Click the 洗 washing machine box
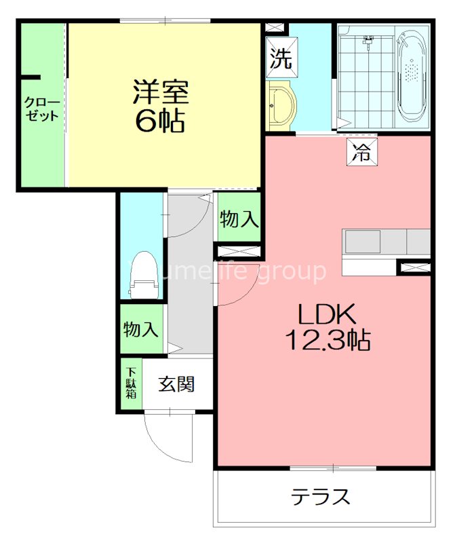click(280, 59)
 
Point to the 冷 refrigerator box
click(361, 152)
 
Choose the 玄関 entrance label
click(177, 384)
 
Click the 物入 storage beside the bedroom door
click(239, 219)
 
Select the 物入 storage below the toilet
click(141, 330)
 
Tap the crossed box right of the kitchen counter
click(413, 267)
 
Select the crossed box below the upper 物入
click(238, 251)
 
